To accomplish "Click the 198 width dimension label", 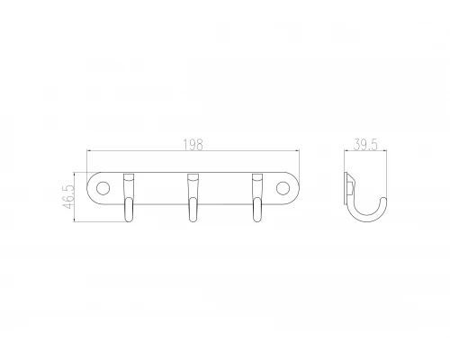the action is click(193, 144).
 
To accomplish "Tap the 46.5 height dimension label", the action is click(68, 196).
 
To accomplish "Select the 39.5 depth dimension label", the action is click(364, 144).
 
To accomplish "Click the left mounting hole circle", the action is click(103, 188).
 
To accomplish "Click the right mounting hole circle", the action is click(283, 188).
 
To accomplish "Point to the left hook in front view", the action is click(129, 197).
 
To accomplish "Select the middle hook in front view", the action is click(193, 197).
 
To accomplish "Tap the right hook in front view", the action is click(256, 197).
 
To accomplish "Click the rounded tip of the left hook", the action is click(129, 220).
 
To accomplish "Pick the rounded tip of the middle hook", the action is click(193, 220).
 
